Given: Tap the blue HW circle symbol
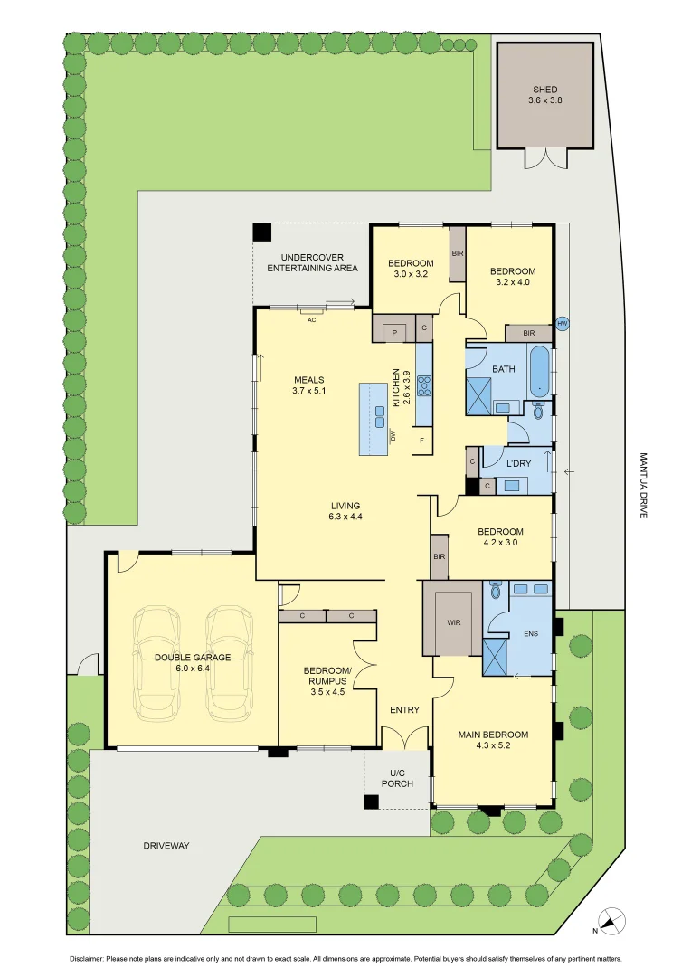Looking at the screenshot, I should [x=563, y=323].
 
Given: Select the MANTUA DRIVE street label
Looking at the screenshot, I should [x=643, y=485].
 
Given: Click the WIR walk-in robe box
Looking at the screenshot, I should [x=453, y=623].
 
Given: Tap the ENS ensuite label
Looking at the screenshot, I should [x=531, y=633].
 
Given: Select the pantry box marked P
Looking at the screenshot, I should [x=394, y=332].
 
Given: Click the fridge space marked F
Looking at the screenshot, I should [x=421, y=441].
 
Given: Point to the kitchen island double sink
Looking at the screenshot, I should [x=382, y=416].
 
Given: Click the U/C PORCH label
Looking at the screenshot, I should [x=402, y=778].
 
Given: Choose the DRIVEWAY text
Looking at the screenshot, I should [x=166, y=846].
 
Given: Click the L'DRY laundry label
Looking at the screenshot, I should [x=518, y=463].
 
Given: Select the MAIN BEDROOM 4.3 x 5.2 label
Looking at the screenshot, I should [x=492, y=740].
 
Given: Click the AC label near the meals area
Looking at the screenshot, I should [x=311, y=319].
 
